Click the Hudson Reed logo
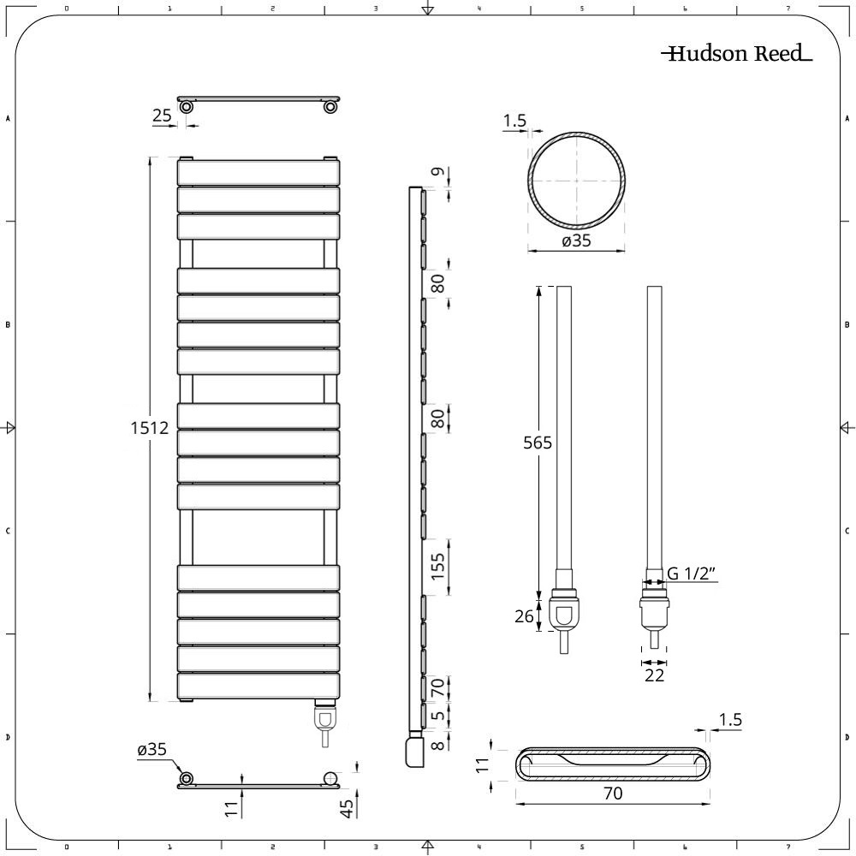click(735, 54)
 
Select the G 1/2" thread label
click(692, 574)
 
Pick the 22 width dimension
click(655, 676)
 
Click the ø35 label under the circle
click(576, 241)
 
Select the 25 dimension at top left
click(163, 116)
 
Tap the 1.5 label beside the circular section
click(514, 122)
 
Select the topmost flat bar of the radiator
click(259, 173)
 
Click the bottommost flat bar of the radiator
click(259, 686)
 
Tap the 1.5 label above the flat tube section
click(730, 720)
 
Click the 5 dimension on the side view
click(438, 716)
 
